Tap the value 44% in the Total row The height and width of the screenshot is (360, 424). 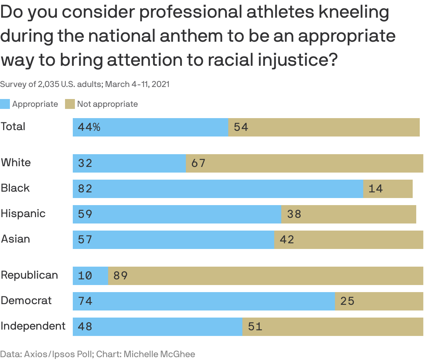(89, 127)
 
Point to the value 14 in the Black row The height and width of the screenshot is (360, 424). (376, 189)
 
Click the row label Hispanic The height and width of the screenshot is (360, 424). (23, 214)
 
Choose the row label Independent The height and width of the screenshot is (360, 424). (33, 326)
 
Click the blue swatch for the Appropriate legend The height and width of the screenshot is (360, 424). (5, 104)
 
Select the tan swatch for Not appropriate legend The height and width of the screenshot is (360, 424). (70, 104)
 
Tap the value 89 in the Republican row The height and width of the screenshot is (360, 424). (120, 276)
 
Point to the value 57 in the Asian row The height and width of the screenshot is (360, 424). (85, 240)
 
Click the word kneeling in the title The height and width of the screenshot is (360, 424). (354, 12)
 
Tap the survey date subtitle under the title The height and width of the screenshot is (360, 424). (85, 84)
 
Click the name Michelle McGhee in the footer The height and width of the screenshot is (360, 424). (159, 354)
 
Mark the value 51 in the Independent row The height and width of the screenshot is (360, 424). (255, 327)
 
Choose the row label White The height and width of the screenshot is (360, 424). (16, 163)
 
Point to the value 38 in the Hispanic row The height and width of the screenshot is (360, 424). (294, 214)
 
